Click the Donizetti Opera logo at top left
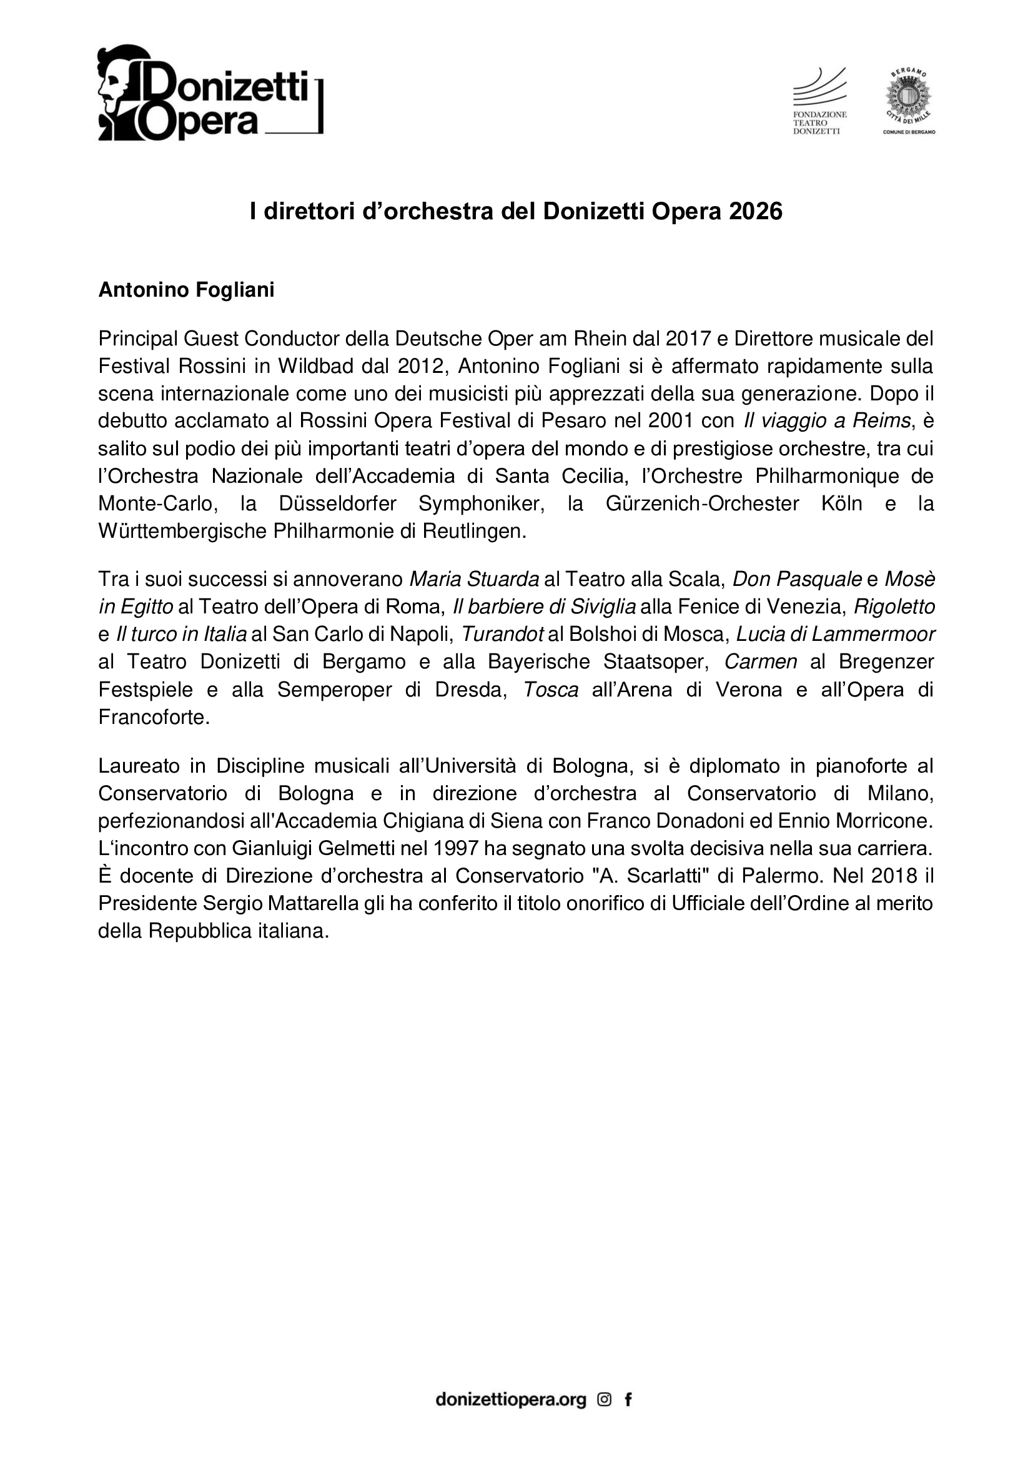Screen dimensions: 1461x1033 tap(210, 93)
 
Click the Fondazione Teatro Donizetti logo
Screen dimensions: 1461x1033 tap(819, 101)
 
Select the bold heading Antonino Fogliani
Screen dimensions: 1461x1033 tap(186, 290)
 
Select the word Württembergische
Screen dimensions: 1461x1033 tap(182, 531)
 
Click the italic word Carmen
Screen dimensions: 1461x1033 tap(761, 661)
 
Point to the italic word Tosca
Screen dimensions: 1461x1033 tap(550, 690)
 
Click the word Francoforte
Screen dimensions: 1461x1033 tap(153, 718)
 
